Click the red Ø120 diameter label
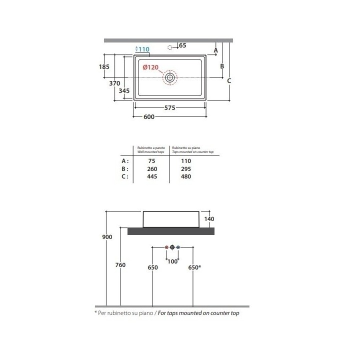point(150,67)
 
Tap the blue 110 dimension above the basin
point(144,49)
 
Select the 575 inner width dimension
point(169,107)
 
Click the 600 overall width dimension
point(149,116)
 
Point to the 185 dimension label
point(104,67)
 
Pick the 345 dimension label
point(124,90)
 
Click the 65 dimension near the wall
point(182,45)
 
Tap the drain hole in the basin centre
point(170,77)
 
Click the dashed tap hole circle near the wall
point(169,47)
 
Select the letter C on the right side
point(229,81)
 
